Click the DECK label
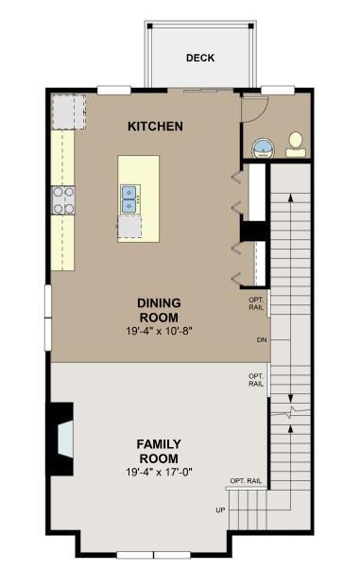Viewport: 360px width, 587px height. [200, 58]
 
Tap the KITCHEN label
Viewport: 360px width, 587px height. [155, 127]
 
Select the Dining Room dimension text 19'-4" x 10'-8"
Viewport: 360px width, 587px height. [160, 331]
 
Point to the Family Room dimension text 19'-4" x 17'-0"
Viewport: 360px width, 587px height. [159, 472]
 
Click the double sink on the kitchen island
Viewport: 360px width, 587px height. [129, 199]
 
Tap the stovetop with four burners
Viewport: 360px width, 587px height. [63, 200]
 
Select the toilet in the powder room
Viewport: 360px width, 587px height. [296, 145]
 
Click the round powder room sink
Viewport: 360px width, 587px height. [264, 148]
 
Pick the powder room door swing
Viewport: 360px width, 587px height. [256, 110]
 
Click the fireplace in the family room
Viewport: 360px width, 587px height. [60, 439]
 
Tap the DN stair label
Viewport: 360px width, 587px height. [262, 340]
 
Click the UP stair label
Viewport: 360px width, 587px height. [220, 509]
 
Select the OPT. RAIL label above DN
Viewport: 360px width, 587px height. [256, 303]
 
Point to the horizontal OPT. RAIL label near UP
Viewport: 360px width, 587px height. [246, 481]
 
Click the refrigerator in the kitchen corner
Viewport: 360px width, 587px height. [69, 112]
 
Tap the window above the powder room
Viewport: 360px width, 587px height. [278, 90]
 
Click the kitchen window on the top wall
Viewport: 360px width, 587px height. [113, 90]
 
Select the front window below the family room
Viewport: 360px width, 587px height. [153, 555]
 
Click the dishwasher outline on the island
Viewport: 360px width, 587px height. [129, 227]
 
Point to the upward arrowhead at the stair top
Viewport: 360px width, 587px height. [290, 197]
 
